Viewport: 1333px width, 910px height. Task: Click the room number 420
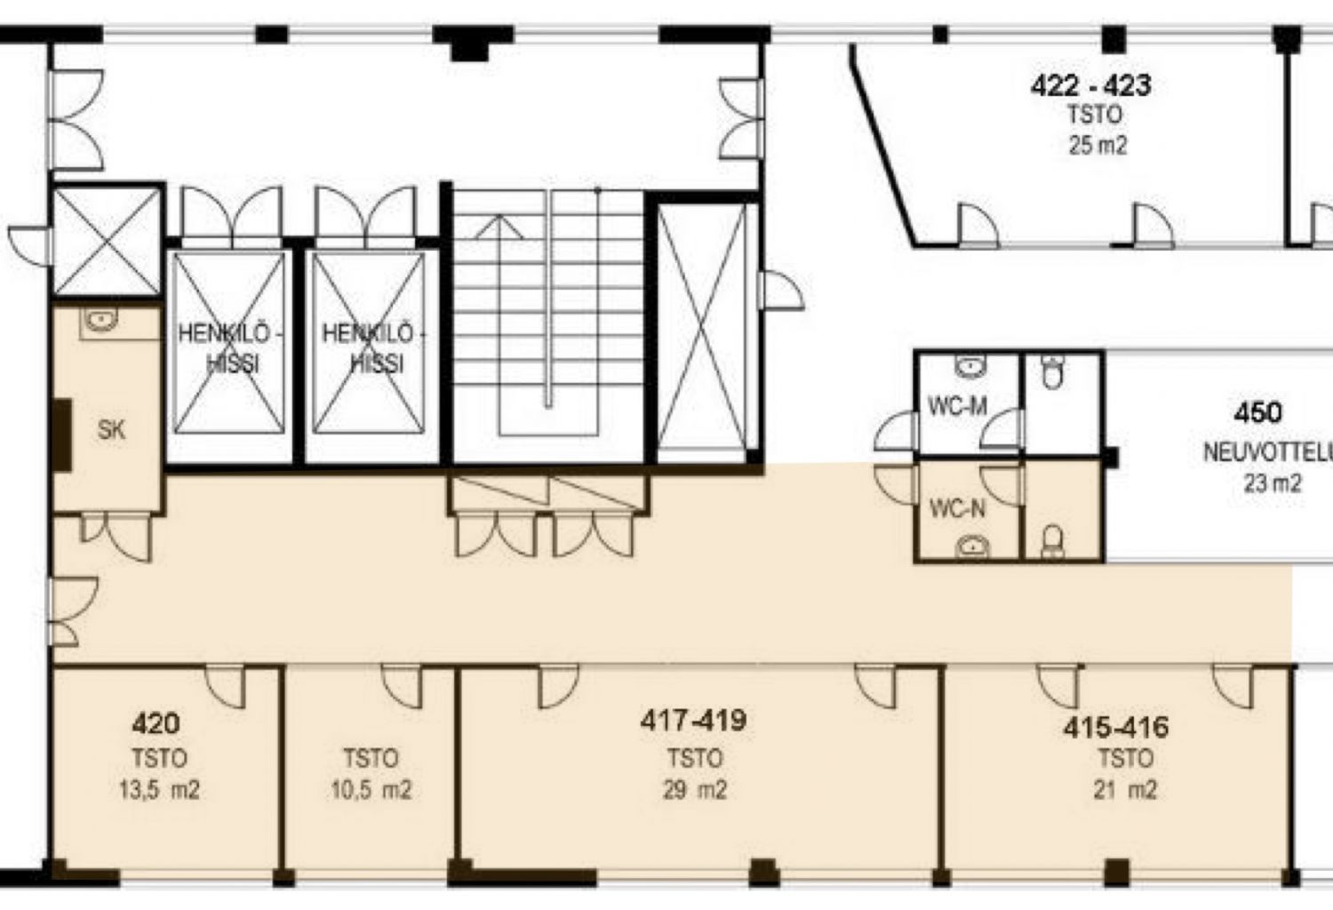click(x=156, y=723)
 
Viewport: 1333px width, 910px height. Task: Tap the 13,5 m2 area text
click(x=158, y=789)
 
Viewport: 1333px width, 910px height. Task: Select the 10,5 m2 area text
click(x=371, y=789)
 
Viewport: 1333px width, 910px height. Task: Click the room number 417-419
click(x=693, y=720)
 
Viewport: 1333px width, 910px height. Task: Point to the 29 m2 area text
click(x=694, y=789)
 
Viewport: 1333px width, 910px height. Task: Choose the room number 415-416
click(x=1116, y=728)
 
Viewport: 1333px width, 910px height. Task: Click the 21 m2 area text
click(x=1125, y=789)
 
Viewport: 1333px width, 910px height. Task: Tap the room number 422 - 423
click(x=1090, y=85)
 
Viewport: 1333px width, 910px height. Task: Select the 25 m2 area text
click(x=1098, y=145)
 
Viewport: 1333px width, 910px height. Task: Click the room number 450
click(x=1257, y=412)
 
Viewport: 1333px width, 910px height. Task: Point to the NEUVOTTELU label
click(x=1267, y=452)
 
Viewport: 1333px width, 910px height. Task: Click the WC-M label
click(x=957, y=406)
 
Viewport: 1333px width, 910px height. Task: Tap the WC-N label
click(x=957, y=509)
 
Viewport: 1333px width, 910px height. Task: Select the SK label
click(x=111, y=430)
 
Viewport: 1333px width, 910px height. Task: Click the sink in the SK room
click(x=100, y=321)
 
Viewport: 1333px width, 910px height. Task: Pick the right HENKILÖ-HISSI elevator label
click(x=373, y=348)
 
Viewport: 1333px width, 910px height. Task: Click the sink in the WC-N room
click(x=974, y=546)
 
